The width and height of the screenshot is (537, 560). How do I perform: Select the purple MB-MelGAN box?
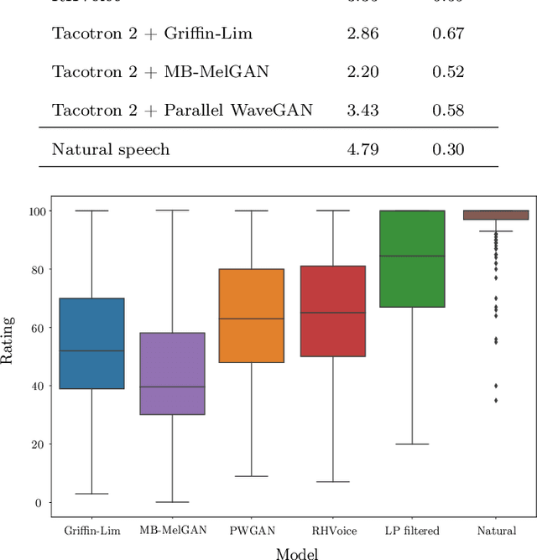172,373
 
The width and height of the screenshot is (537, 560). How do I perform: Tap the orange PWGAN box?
253,315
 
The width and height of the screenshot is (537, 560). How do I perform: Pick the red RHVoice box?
333,311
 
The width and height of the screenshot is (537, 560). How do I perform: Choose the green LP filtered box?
414,258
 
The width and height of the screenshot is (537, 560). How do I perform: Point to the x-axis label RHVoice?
333,531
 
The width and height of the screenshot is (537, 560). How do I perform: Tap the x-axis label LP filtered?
414,531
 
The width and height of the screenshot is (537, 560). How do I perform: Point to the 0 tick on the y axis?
38,503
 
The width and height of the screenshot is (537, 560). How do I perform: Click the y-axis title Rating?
8,340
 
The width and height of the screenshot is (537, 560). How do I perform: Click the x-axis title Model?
297,552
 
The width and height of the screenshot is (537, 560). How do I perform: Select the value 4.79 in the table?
362,149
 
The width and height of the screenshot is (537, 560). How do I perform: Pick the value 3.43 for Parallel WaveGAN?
362,110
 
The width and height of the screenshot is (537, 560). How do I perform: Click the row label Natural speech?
111,149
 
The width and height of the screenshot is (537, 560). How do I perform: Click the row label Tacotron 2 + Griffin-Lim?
152,34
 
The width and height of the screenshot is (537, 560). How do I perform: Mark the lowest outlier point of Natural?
494,401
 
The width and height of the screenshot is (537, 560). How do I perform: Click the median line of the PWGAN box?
253,319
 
